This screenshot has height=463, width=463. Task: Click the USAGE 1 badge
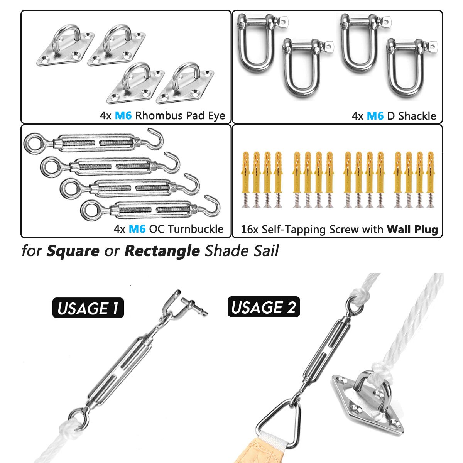click(x=88, y=308)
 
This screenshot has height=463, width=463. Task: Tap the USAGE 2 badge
click(x=264, y=307)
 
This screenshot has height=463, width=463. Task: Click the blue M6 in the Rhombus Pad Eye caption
click(x=123, y=116)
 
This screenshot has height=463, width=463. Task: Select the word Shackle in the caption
click(x=417, y=116)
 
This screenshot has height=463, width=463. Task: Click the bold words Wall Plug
click(x=412, y=230)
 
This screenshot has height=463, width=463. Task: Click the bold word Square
click(x=73, y=251)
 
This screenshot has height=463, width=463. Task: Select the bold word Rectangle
click(x=162, y=251)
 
